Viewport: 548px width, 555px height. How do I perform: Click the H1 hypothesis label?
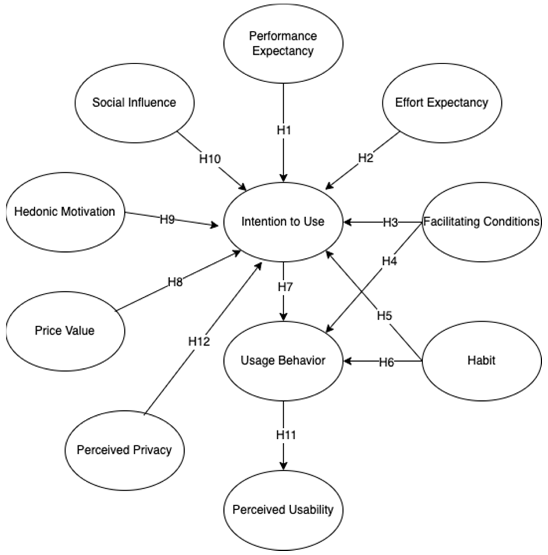pyautogui.click(x=284, y=130)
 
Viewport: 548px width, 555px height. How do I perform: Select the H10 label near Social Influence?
pyautogui.click(x=210, y=159)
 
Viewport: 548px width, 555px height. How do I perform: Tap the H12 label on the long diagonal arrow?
pyautogui.click(x=199, y=341)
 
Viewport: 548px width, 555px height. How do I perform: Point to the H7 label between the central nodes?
pyautogui.click(x=285, y=287)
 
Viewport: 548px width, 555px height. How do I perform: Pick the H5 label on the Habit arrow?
pyautogui.click(x=384, y=316)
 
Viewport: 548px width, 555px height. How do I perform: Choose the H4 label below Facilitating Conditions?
pyautogui.click(x=389, y=261)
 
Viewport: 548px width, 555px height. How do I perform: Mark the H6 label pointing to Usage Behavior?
pyautogui.click(x=386, y=362)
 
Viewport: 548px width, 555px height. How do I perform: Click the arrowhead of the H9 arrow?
pyautogui.click(x=215, y=225)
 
